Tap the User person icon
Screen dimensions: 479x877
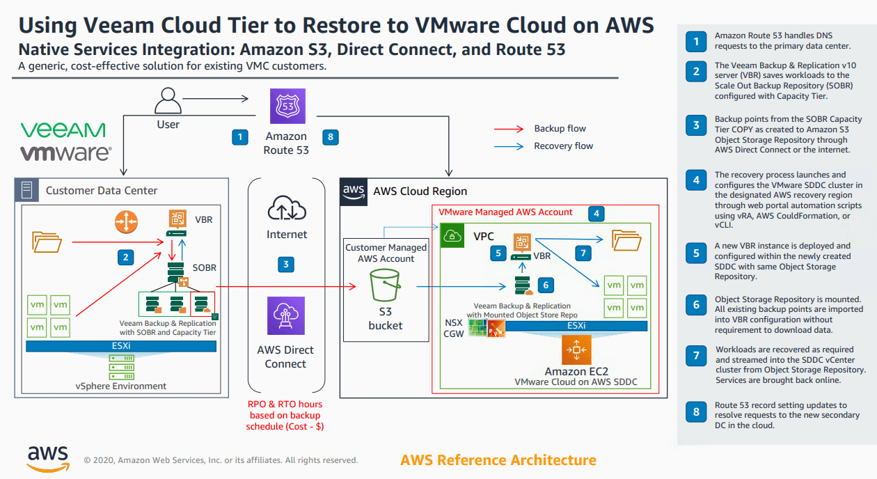[168, 101]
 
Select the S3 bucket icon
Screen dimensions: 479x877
[385, 286]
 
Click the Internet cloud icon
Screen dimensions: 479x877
[286, 209]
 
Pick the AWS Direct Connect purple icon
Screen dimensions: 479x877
[286, 316]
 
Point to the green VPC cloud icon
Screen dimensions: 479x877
[451, 236]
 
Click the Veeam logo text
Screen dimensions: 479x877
[63, 130]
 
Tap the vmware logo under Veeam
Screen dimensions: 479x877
[64, 152]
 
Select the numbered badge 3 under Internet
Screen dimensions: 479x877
[285, 264]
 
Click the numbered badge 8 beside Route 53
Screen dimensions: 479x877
[330, 137]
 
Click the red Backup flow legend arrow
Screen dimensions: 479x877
[509, 129]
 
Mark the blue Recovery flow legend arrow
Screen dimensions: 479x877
[509, 146]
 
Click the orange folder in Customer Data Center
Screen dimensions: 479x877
[47, 242]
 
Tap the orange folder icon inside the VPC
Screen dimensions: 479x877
[626, 241]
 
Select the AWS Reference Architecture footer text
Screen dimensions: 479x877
[498, 460]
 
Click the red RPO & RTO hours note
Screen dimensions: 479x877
[285, 415]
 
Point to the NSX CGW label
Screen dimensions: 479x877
[453, 328]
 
